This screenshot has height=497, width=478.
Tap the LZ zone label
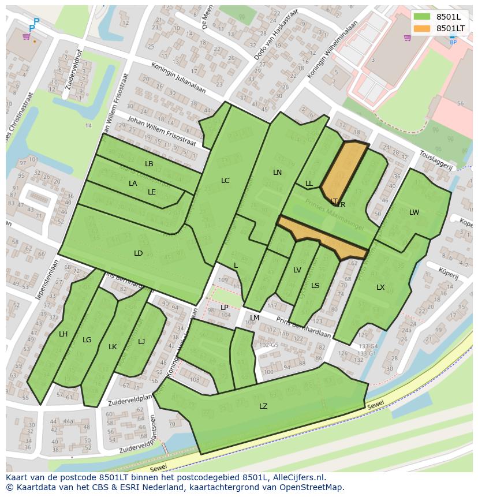pyautogui.click(x=263, y=406)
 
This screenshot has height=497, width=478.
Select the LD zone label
pyautogui.click(x=139, y=253)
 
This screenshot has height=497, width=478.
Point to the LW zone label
pyautogui.click(x=414, y=212)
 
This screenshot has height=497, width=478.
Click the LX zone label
pyautogui.click(x=380, y=287)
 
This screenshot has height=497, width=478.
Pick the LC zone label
pyautogui.click(x=225, y=181)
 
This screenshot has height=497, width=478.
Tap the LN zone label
pyautogui.click(x=277, y=173)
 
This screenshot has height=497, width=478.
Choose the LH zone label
pyautogui.click(x=64, y=334)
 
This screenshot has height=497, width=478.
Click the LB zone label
pyautogui.click(x=149, y=164)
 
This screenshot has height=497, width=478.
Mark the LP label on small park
pyautogui.click(x=225, y=308)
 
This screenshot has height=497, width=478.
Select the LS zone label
pyautogui.click(x=315, y=286)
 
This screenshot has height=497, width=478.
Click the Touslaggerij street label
pyautogui.click(x=436, y=160)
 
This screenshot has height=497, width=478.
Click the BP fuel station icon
pyautogui.click(x=453, y=39)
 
